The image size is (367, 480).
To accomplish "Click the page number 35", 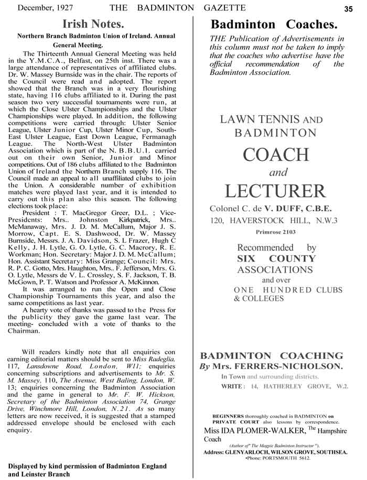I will click(x=349, y=8).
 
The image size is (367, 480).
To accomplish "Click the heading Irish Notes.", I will click(x=93, y=24).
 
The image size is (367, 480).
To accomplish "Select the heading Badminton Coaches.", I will click(x=274, y=24).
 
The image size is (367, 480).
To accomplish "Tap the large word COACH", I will click(x=275, y=155).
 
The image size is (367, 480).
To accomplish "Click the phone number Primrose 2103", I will click(x=275, y=232).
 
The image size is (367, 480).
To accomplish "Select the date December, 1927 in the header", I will click(x=46, y=8).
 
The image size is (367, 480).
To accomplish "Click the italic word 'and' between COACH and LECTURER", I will click(x=276, y=173).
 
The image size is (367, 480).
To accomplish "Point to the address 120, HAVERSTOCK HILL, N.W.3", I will click(x=274, y=221).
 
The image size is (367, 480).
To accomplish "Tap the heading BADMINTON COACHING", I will click(x=272, y=355).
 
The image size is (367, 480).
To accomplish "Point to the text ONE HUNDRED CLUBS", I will click(x=288, y=290).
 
